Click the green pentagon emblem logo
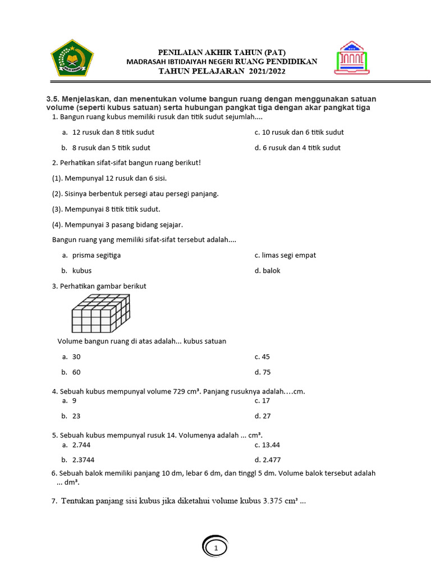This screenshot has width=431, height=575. click(72, 58)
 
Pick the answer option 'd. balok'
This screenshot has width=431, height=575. click(267, 271)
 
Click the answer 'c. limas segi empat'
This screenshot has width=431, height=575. click(285, 255)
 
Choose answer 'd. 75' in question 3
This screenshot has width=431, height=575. click(263, 372)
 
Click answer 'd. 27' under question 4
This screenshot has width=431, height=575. click(263, 416)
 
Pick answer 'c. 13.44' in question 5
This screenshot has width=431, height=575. click(267, 445)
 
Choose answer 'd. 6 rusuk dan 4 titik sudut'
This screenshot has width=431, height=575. click(297, 148)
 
